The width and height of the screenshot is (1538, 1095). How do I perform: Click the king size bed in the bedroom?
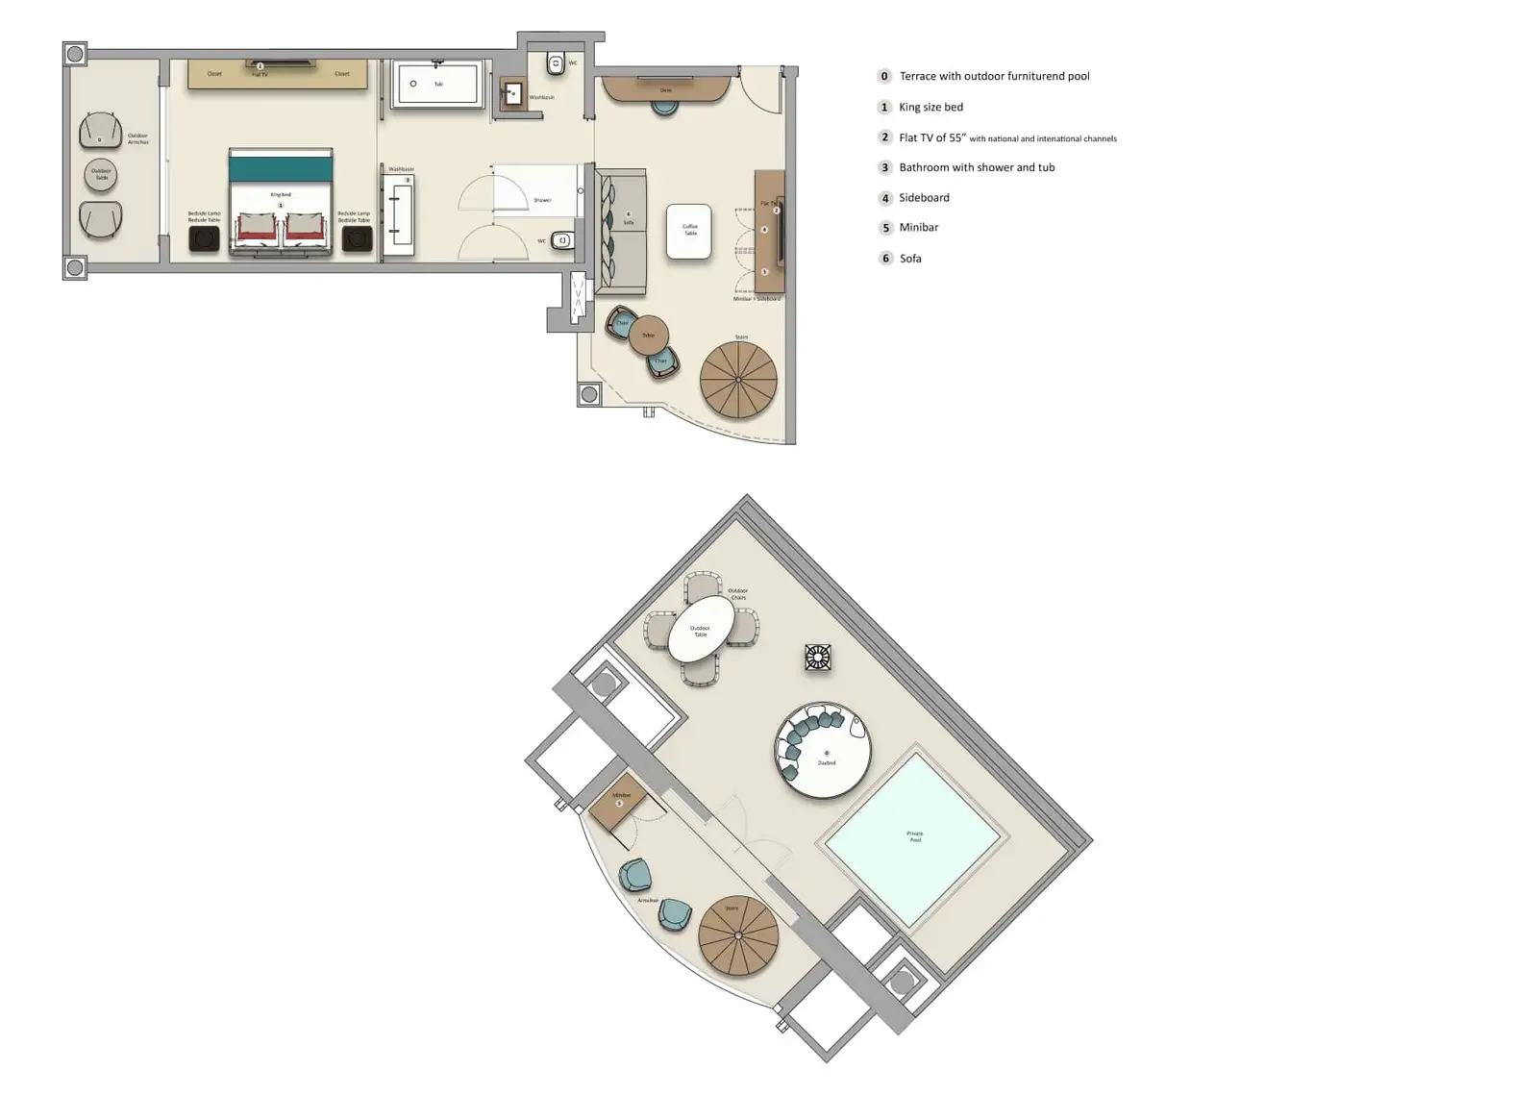click(x=281, y=204)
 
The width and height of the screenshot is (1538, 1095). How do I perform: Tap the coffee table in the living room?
click(x=689, y=232)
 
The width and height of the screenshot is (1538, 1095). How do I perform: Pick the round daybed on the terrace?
click(x=823, y=751)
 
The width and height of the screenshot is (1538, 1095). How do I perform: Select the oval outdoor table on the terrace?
click(x=701, y=630)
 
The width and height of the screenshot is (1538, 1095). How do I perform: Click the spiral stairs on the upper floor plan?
click(x=738, y=379)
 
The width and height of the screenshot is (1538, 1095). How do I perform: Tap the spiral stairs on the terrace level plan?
click(x=737, y=935)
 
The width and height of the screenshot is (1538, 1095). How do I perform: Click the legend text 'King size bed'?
click(x=930, y=107)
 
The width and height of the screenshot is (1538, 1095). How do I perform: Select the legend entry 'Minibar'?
click(x=918, y=228)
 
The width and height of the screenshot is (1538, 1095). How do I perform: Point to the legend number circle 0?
click(x=884, y=76)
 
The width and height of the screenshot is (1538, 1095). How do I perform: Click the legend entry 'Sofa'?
click(x=909, y=259)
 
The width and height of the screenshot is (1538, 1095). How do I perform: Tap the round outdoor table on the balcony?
click(x=101, y=175)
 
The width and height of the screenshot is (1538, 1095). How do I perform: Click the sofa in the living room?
click(x=622, y=232)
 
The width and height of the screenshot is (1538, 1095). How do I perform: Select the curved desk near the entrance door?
click(x=665, y=89)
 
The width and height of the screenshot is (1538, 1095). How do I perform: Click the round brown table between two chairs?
click(x=648, y=335)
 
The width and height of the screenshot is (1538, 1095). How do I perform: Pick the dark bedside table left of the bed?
click(x=204, y=238)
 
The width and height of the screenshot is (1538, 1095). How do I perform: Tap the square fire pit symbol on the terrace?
click(x=817, y=658)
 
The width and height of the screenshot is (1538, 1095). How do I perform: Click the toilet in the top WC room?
click(x=556, y=64)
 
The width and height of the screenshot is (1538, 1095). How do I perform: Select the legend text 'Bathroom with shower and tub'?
click(x=977, y=167)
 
